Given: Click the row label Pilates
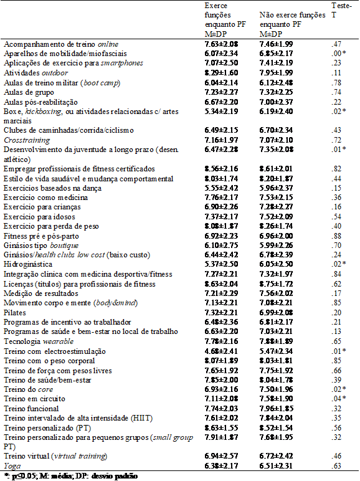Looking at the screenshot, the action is click(x=15, y=312).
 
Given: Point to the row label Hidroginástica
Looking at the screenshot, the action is click(x=27, y=264).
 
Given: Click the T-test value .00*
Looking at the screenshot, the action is click(x=340, y=54).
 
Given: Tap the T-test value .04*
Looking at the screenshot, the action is click(x=340, y=399).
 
